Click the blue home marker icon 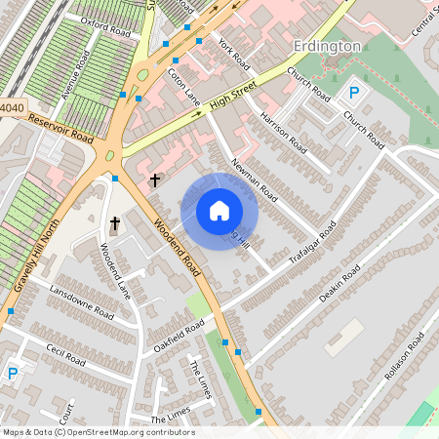pyautogui.click(x=219, y=211)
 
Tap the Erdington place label pyautogui.click(x=327, y=46)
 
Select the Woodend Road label pyautogui.click(x=177, y=248)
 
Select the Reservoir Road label pyautogui.click(x=60, y=128)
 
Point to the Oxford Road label pyautogui.click(x=105, y=24)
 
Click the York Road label pyautogui.click(x=235, y=53)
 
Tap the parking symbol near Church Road pyautogui.click(x=355, y=94)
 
